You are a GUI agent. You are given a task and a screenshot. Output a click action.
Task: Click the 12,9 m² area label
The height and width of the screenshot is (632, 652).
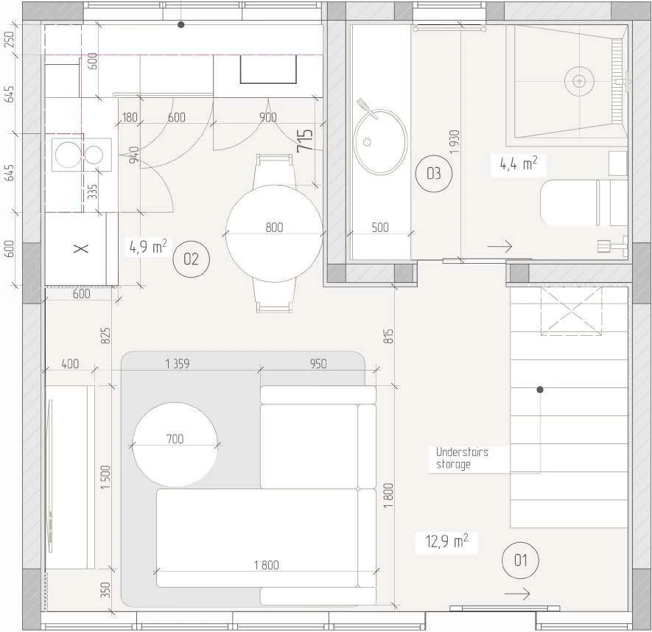[446, 541]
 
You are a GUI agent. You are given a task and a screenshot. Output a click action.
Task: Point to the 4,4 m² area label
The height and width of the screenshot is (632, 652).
[518, 164]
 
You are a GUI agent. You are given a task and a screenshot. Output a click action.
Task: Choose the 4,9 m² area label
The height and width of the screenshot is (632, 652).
[148, 246]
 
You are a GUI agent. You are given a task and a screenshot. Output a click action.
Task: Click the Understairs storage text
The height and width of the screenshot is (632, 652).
[462, 457]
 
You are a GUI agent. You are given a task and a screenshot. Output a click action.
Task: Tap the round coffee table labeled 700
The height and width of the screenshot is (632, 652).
[175, 444]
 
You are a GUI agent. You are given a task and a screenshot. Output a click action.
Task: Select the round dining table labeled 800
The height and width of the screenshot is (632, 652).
[274, 234]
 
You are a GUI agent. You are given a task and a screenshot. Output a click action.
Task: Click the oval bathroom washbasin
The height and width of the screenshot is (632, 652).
[380, 141]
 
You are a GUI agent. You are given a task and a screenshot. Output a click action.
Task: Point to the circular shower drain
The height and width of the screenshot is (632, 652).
[579, 81]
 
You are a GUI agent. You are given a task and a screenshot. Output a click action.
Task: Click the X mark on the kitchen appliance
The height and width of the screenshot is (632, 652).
[81, 248]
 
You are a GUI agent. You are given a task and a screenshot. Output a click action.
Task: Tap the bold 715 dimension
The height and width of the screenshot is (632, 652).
[305, 140]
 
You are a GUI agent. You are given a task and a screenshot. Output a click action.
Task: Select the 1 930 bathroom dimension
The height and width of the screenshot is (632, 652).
[455, 141]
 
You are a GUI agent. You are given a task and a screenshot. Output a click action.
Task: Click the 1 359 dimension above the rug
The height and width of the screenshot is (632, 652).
[177, 364]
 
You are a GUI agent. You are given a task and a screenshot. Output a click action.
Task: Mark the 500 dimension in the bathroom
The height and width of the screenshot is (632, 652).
[380, 227]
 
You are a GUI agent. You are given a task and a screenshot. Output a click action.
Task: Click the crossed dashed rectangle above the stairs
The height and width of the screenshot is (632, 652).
[572, 311]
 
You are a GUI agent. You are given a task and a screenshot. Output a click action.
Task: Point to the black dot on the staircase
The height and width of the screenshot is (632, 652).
[540, 390]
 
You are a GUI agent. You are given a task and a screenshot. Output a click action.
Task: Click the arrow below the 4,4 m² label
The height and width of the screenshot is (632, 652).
[499, 246]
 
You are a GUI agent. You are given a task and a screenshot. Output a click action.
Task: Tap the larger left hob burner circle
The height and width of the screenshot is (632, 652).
[68, 155]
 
